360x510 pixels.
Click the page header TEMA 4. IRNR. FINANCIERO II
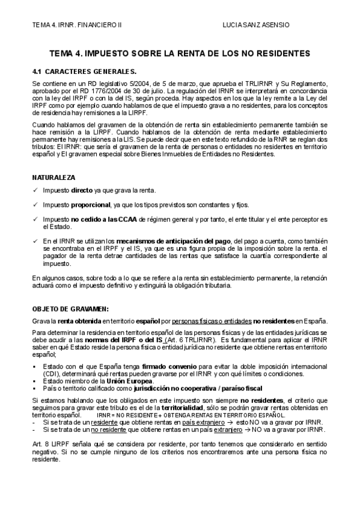77,25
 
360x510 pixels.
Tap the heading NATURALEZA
53,178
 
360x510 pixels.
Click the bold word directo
82,191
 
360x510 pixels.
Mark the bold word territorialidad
171,408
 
